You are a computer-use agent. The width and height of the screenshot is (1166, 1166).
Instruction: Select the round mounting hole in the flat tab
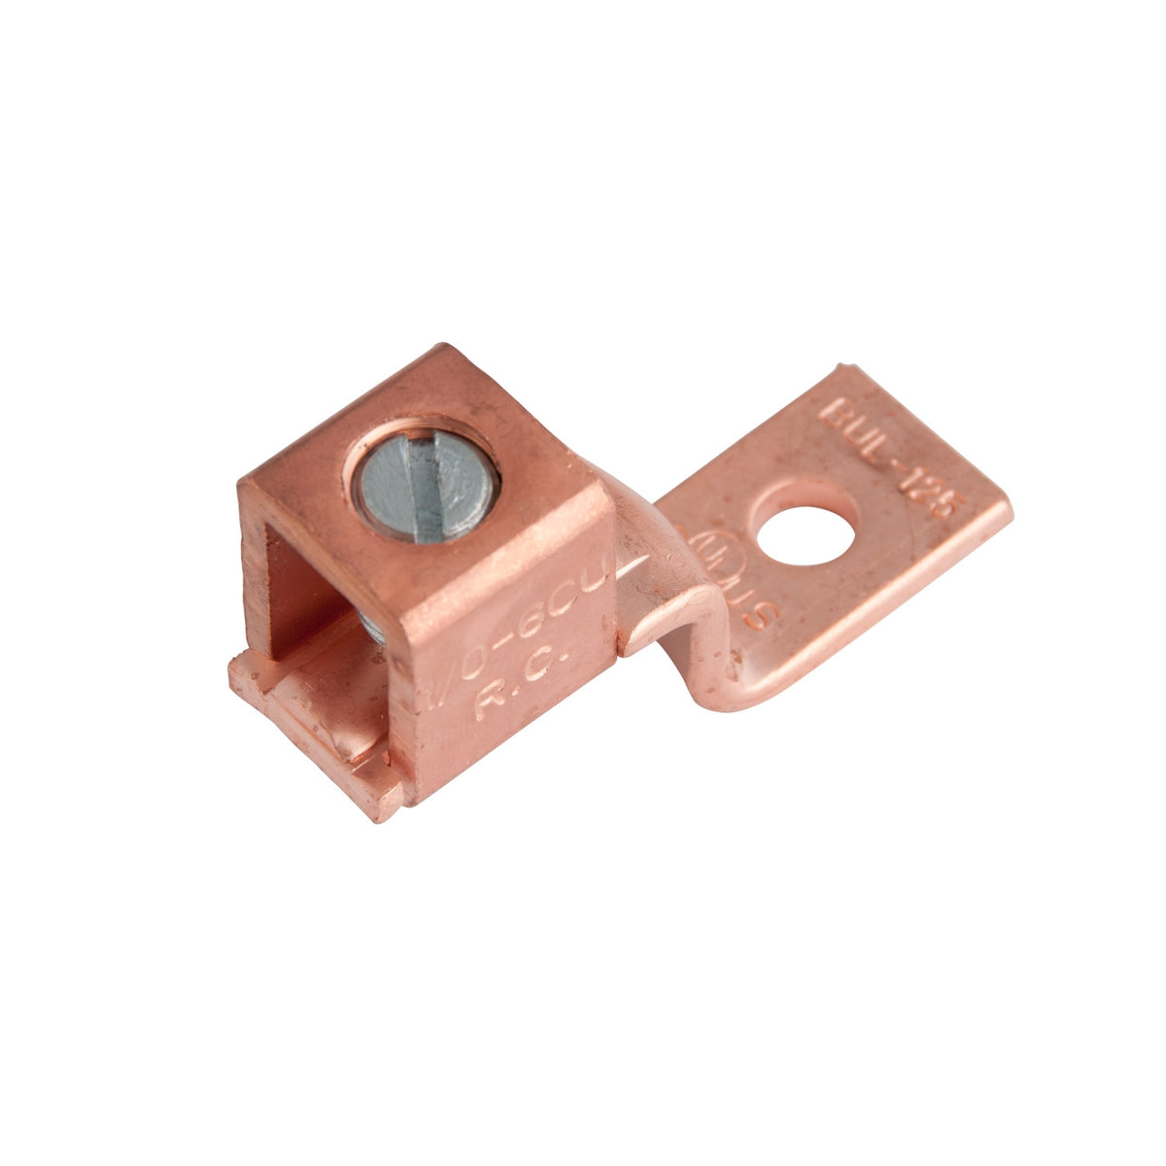pos(806,525)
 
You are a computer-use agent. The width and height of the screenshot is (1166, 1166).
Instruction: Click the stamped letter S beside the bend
pos(765,617)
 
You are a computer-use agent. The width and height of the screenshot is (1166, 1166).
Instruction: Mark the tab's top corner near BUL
pos(845,367)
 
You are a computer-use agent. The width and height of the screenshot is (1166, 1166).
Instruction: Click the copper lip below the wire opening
pos(311,719)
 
